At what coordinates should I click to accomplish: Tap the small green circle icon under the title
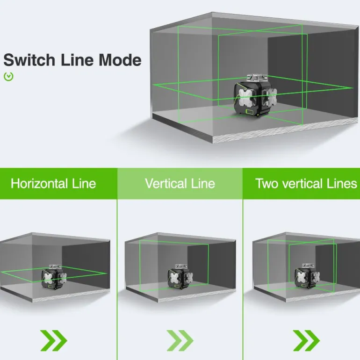pyautogui.click(x=8, y=76)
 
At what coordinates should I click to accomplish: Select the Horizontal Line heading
pyautogui.click(x=53, y=183)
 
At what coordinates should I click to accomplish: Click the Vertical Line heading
pyautogui.click(x=180, y=183)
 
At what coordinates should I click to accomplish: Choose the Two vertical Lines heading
pyautogui.click(x=306, y=183)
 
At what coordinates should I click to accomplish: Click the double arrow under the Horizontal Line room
pyautogui.click(x=54, y=340)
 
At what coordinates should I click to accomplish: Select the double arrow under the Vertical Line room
pyautogui.click(x=180, y=340)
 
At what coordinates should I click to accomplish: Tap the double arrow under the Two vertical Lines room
pyautogui.click(x=306, y=340)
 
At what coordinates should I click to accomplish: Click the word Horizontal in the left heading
pyautogui.click(x=40, y=183)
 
